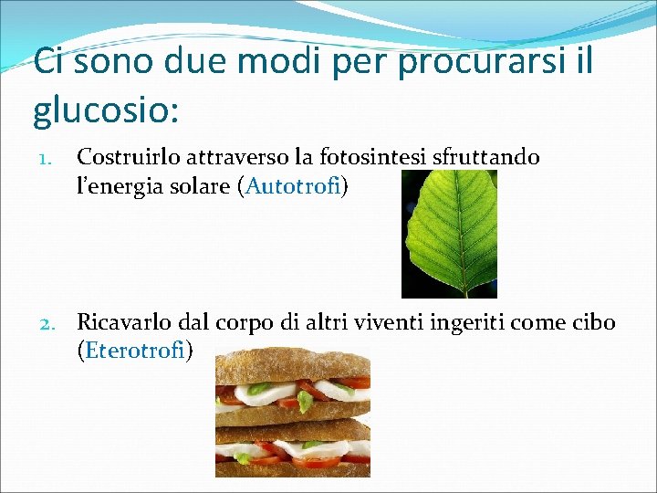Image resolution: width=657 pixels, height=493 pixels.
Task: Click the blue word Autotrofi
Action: [x=293, y=187]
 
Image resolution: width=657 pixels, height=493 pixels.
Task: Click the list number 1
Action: [x=42, y=160]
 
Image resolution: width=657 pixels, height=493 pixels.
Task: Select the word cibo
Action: [x=593, y=321]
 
